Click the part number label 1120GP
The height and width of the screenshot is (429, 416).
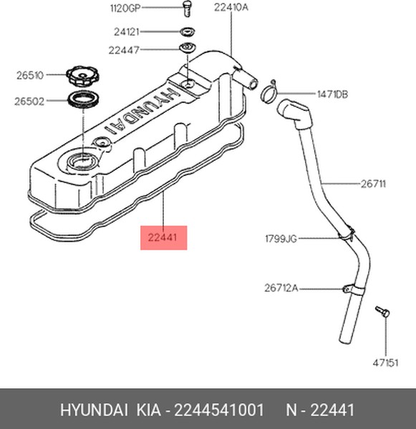tap(125, 8)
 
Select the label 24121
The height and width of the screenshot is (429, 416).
tap(127, 32)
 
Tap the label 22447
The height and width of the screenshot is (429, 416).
tap(124, 50)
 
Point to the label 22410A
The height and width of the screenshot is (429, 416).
tap(231, 7)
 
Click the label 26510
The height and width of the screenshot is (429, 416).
tap(30, 75)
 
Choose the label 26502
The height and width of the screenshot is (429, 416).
tap(29, 102)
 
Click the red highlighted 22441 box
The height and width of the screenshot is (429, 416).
tap(163, 238)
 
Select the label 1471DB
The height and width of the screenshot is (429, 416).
tap(332, 94)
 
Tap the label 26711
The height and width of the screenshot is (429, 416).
tap(373, 184)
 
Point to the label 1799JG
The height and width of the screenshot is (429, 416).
tap(281, 239)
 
